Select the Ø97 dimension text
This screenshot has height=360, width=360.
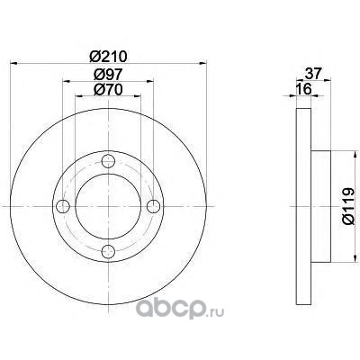pyautogui.click(x=108, y=74)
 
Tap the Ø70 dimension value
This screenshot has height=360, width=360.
pyautogui.click(x=108, y=89)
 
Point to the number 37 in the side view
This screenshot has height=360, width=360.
pyautogui.click(x=313, y=74)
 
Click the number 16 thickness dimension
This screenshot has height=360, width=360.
pyautogui.click(x=303, y=89)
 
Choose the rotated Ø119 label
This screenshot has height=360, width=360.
pyautogui.click(x=348, y=206)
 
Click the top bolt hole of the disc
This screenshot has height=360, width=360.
pyautogui.click(x=108, y=161)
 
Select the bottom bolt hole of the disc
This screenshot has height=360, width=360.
pyautogui.click(x=108, y=251)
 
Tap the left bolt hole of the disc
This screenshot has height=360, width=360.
pyautogui.click(x=63, y=206)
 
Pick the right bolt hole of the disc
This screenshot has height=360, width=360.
pyautogui.click(x=154, y=206)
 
